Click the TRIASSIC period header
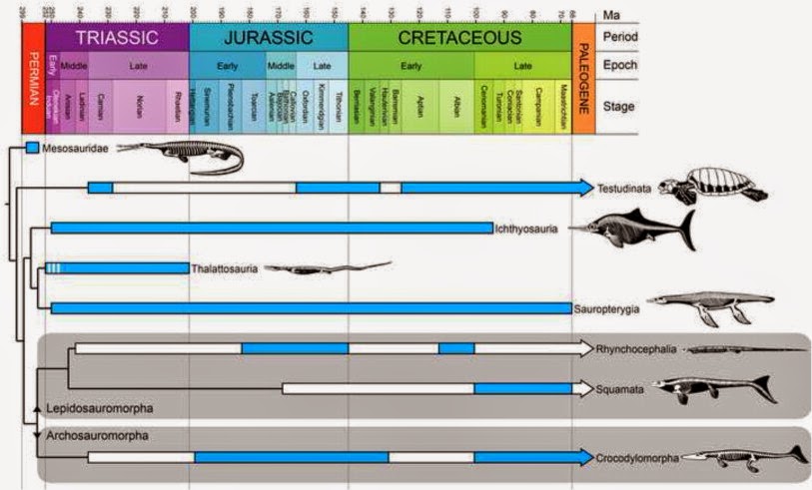pyautogui.click(x=118, y=39)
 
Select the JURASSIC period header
pyautogui.click(x=268, y=39)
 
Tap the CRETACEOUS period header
pyautogui.click(x=459, y=39)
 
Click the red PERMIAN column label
pyautogui.click(x=32, y=79)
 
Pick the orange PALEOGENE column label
pyautogui.click(x=583, y=79)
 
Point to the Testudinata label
pyautogui.click(x=627, y=188)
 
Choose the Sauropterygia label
pyautogui.click(x=605, y=308)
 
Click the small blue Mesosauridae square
pyautogui.click(x=32, y=148)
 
